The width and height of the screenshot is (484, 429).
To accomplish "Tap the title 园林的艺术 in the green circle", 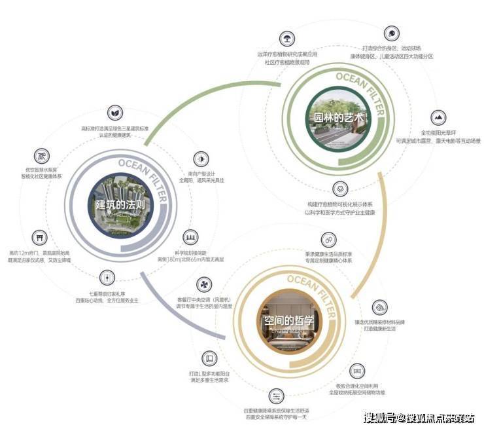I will click(336, 118).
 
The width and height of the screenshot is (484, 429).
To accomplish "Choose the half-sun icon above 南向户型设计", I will click(199, 159).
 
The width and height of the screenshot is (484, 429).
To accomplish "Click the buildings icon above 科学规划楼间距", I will click(191, 236).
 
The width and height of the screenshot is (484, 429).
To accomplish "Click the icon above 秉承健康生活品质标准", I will click(328, 241).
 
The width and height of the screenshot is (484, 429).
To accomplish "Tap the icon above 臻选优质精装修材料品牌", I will click(381, 307).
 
